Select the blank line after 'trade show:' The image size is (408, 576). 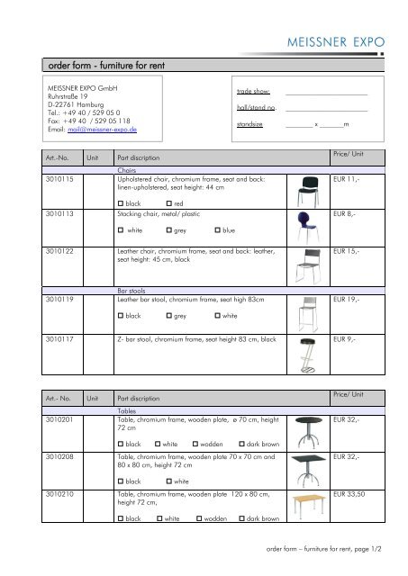[325, 94]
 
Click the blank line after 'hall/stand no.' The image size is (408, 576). [325, 110]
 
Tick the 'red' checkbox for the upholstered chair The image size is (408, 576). [169, 205]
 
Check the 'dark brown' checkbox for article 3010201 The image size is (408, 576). [242, 445]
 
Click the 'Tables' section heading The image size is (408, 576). [127, 410]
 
